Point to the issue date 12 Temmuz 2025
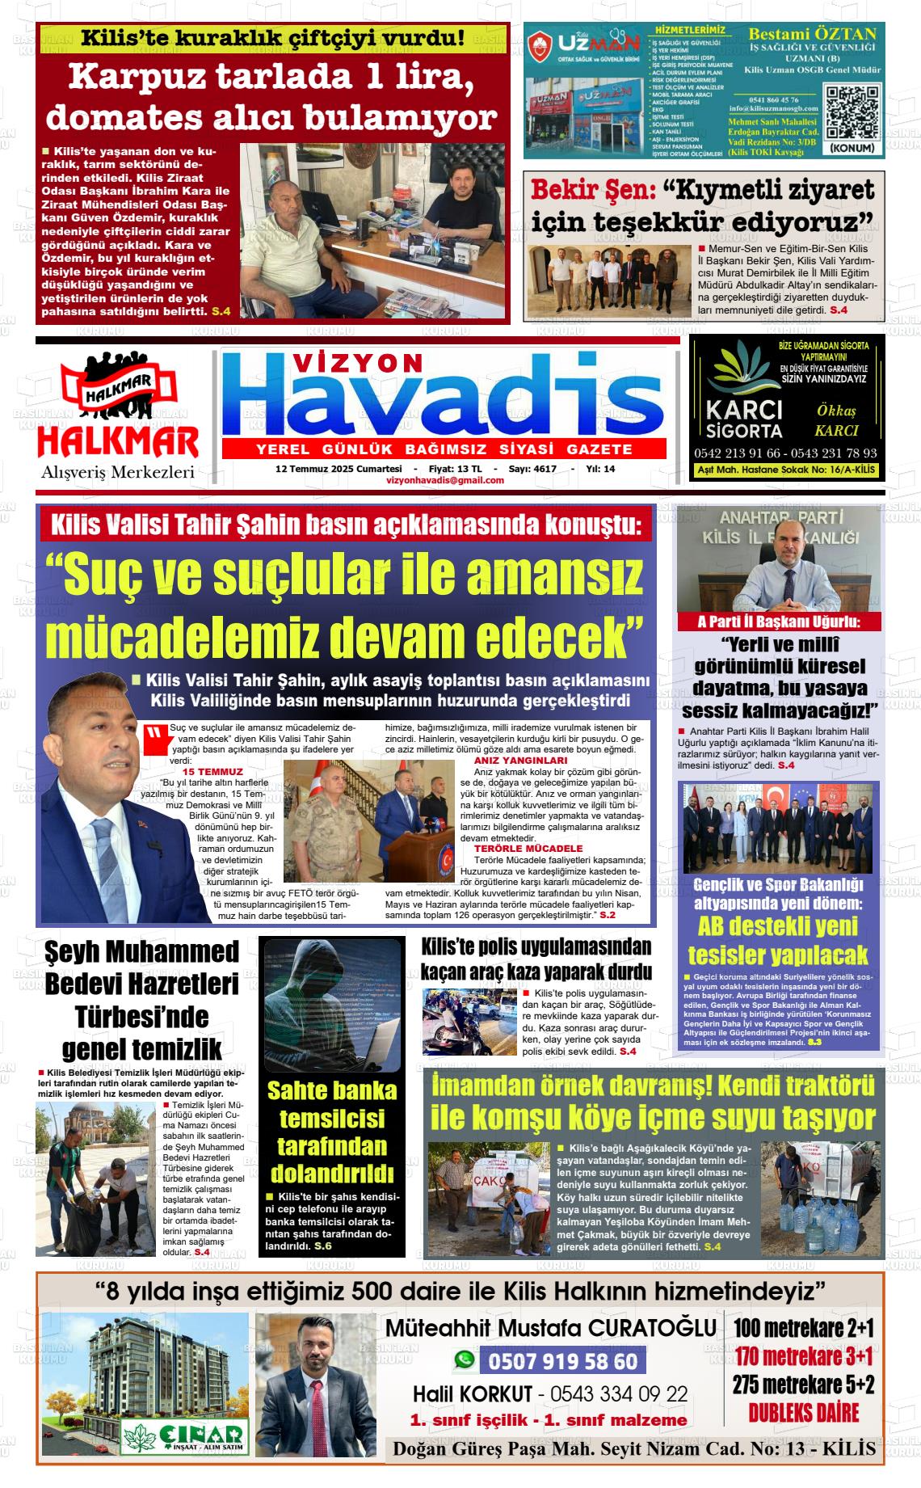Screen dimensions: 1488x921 tap(339, 469)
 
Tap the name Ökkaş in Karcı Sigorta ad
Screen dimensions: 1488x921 tap(836, 411)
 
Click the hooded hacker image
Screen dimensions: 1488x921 tap(332, 1004)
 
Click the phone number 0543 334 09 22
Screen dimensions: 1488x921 tap(620, 1393)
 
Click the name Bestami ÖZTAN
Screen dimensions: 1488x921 tap(812, 34)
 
